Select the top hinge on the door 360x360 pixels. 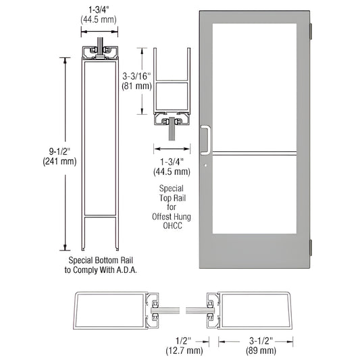tap(310, 30)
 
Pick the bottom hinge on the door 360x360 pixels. tap(310, 247)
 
